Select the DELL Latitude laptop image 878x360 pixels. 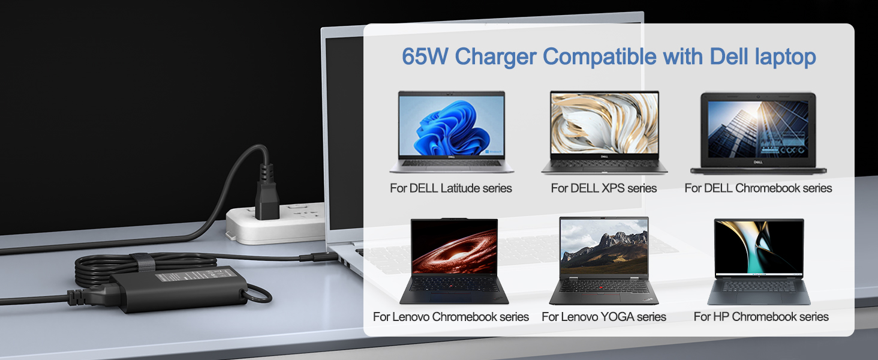pos(451,132)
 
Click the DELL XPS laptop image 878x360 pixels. pos(604,132)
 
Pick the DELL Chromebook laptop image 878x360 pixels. pos(758,133)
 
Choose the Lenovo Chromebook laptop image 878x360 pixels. pos(453,261)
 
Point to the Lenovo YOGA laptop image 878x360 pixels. pos(604,260)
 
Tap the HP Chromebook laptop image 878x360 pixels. pos(759,261)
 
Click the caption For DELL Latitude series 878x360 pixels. pos(451,188)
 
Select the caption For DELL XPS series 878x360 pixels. pos(604,188)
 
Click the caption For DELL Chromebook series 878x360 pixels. pos(758,188)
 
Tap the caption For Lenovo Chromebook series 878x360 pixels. pos(451,317)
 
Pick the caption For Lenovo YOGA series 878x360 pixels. pos(604,317)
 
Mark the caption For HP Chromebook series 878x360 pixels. pos(761,317)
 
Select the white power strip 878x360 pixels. pos(276,225)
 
